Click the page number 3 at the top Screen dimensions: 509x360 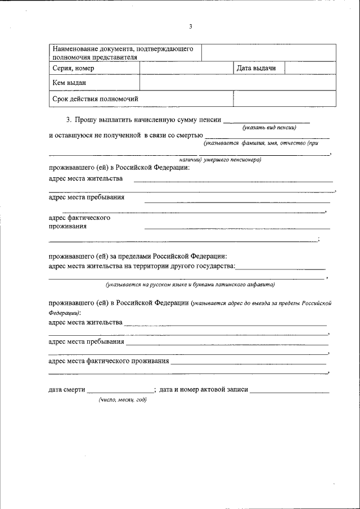[191, 26]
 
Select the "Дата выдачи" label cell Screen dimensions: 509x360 [256, 69]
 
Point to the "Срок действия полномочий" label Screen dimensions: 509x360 [95, 99]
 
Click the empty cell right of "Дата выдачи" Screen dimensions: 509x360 [310, 68]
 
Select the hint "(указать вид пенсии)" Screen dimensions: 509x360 [269, 128]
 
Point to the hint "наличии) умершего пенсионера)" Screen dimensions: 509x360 [216, 160]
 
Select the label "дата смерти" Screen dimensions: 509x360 [66, 389]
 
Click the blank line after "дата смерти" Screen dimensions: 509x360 [120, 390]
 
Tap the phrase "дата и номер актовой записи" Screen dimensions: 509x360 [204, 389]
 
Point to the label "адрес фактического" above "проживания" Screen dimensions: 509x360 [79, 218]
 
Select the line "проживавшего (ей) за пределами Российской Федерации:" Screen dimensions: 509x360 [138, 256]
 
